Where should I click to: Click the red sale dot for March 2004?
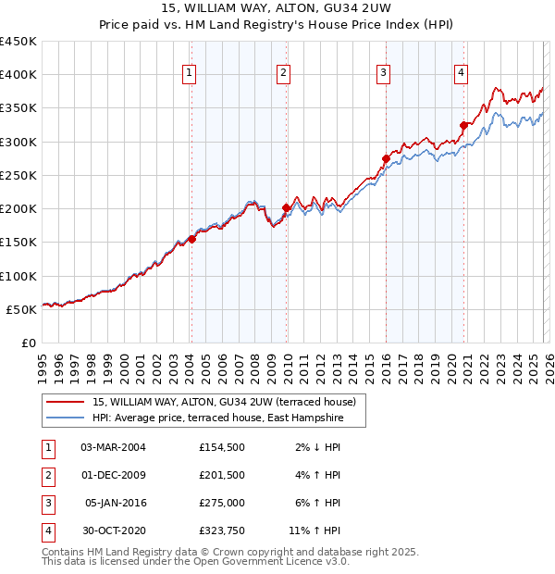click(x=191, y=239)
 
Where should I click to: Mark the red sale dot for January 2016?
click(x=385, y=158)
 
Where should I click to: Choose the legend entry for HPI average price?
click(x=217, y=418)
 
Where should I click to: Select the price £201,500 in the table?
click(x=222, y=475)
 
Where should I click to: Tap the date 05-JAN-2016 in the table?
click(x=117, y=503)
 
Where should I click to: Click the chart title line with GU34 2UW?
click(x=277, y=10)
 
